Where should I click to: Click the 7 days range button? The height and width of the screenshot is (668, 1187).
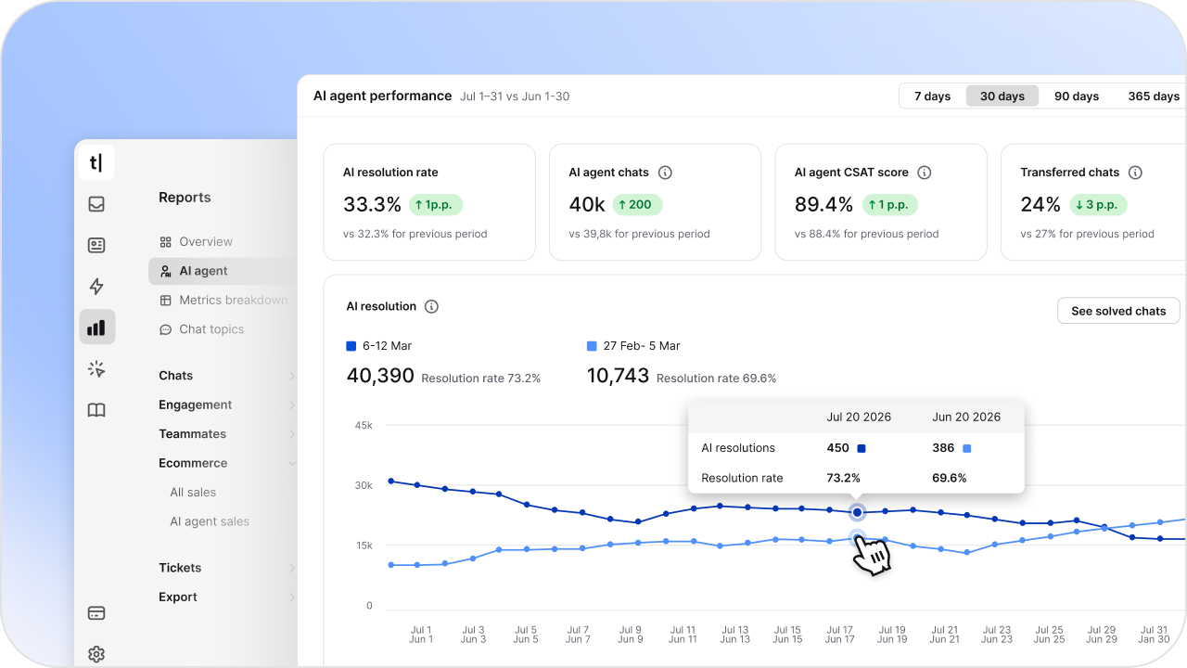click(x=932, y=96)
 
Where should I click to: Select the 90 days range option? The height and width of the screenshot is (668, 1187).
click(x=1076, y=96)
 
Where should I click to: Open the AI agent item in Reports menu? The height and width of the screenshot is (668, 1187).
click(x=203, y=271)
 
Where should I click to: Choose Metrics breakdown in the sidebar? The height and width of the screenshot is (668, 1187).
click(x=233, y=300)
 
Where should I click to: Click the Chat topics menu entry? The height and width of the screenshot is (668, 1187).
click(x=211, y=329)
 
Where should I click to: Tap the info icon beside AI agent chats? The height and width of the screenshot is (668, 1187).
click(x=665, y=173)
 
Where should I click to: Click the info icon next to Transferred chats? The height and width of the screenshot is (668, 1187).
click(x=1135, y=173)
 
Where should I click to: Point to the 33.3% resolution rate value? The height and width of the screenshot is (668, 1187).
click(x=372, y=204)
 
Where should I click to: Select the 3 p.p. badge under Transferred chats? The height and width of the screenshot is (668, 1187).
click(x=1098, y=205)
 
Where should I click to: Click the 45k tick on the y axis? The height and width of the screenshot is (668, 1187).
click(x=363, y=425)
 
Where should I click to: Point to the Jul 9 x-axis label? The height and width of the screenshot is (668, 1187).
click(x=630, y=630)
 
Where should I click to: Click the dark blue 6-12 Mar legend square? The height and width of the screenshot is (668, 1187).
click(x=351, y=346)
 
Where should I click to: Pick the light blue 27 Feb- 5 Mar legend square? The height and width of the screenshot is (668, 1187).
click(x=592, y=346)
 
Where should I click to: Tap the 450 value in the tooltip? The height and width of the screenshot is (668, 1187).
click(x=837, y=448)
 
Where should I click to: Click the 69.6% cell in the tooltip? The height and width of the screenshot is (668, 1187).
click(x=949, y=479)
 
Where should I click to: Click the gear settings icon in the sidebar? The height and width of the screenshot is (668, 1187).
click(x=96, y=654)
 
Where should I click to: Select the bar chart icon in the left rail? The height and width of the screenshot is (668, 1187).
click(x=96, y=327)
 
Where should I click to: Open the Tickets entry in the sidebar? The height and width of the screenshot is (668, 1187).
click(x=180, y=568)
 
